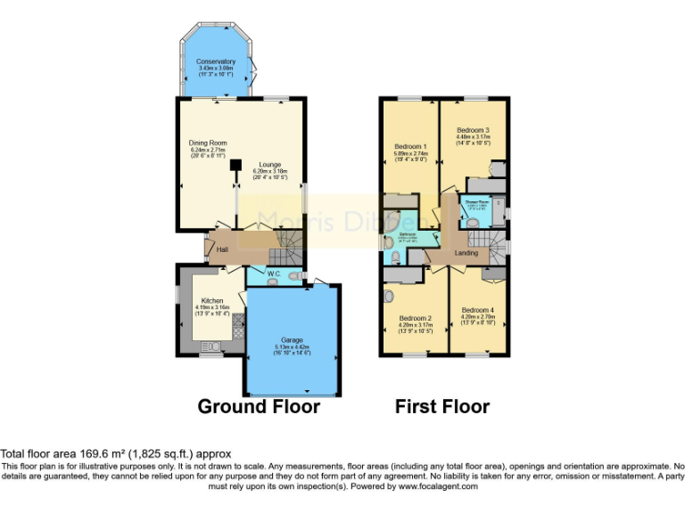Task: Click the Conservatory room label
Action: [216, 61]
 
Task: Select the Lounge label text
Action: [270, 165]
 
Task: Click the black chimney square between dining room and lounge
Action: [236, 165]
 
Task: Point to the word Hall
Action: [223, 249]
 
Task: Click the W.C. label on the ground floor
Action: [275, 273]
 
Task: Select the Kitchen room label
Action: [212, 301]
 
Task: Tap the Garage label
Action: [292, 340]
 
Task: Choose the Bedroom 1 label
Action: [412, 146]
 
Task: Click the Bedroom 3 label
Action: [473, 130]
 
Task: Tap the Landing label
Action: [466, 253]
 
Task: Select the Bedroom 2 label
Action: [416, 318]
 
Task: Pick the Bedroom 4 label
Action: [478, 309]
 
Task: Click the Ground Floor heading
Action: [258, 406]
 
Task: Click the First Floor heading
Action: [442, 406]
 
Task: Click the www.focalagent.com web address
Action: [438, 486]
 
